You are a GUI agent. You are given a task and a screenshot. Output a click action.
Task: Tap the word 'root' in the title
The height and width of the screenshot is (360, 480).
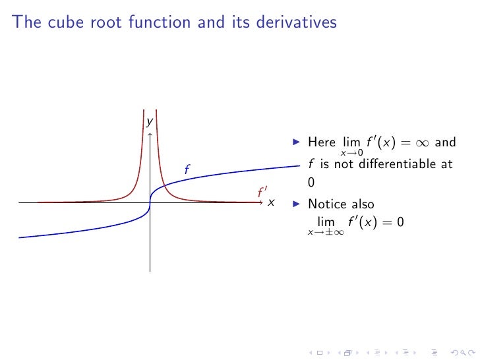(x=106, y=22)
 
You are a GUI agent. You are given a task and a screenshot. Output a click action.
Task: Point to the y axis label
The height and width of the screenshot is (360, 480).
(x=150, y=122)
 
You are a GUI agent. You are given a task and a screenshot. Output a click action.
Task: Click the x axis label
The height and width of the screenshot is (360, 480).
(x=271, y=202)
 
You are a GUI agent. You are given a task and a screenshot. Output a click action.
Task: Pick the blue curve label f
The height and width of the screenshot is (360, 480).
(x=187, y=170)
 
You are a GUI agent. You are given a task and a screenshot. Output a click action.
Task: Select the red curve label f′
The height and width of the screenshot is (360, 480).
(x=262, y=193)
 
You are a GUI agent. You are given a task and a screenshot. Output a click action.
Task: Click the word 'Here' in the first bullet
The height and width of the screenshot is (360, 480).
(x=321, y=142)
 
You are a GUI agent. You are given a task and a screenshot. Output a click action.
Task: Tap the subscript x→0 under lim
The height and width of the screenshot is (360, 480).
(x=351, y=153)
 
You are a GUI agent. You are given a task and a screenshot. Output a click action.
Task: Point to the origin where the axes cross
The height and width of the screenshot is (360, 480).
(x=150, y=203)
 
